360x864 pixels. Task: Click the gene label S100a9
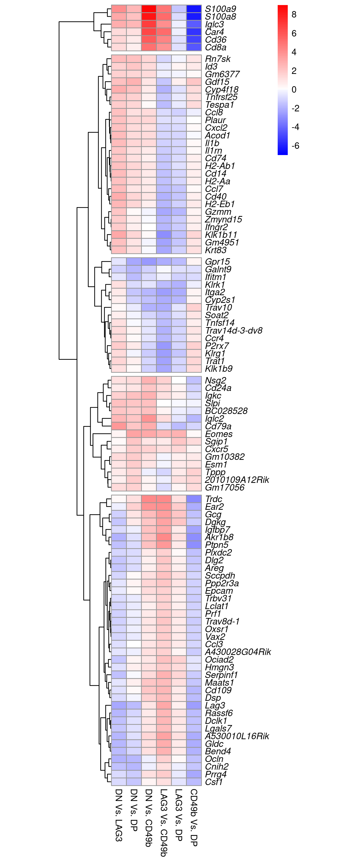click(x=220, y=9)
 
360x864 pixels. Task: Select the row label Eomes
click(x=218, y=434)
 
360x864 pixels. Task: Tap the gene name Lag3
click(x=215, y=706)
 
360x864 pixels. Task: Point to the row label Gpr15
click(x=217, y=262)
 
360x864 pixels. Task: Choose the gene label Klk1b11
click(x=221, y=235)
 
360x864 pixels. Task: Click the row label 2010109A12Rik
click(x=237, y=480)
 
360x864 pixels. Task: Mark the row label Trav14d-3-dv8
click(x=234, y=331)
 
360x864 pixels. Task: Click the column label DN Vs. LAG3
click(x=118, y=815)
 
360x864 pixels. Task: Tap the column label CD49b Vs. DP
click(x=194, y=817)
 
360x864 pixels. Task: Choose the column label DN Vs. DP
click(x=133, y=810)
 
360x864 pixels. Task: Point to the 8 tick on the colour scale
click(x=294, y=14)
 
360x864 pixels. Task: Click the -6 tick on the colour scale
click(x=295, y=146)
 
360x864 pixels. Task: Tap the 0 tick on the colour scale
click(x=294, y=90)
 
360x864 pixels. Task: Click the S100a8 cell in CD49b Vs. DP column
click(x=194, y=16)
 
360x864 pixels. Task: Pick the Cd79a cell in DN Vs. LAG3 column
click(x=119, y=426)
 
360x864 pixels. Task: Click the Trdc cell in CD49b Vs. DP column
click(x=194, y=499)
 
